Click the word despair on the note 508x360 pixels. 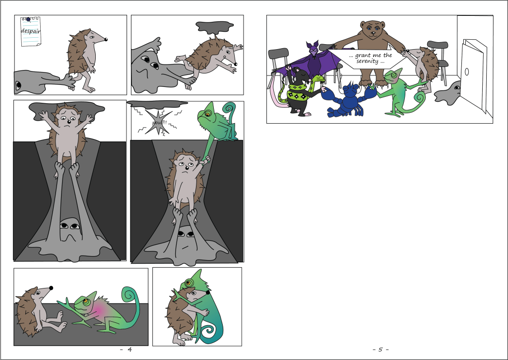[31, 31]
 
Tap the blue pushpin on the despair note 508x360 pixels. [28, 19]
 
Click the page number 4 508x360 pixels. [129, 350]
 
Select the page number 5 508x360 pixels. [381, 350]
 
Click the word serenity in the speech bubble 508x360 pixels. [367, 61]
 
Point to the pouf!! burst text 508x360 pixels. [160, 123]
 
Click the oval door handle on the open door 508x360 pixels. [467, 72]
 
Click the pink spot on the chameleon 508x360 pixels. [100, 309]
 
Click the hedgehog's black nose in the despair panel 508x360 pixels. [106, 40]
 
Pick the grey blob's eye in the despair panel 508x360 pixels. [18, 85]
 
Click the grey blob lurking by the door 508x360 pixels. [447, 93]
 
